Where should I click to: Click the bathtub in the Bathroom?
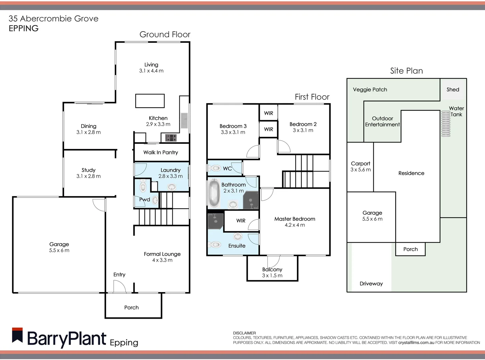[214, 194]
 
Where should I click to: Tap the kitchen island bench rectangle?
[150, 101]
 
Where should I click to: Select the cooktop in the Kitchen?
[171, 137]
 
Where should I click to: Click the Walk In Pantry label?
[161, 152]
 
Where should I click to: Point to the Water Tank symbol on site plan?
[446, 124]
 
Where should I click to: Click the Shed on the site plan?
[453, 89]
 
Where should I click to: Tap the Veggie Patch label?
[370, 89]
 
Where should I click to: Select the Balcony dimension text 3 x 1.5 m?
[272, 276]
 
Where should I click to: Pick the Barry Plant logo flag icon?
[17, 335]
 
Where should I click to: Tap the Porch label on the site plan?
[410, 249]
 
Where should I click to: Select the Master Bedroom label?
[295, 219]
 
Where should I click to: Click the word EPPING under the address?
[24, 28]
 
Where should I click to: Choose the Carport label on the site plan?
[360, 163]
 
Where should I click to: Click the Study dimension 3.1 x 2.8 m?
[88, 176]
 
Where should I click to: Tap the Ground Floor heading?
[165, 34]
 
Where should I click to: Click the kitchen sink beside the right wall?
[184, 121]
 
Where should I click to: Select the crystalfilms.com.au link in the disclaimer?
[416, 342]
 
